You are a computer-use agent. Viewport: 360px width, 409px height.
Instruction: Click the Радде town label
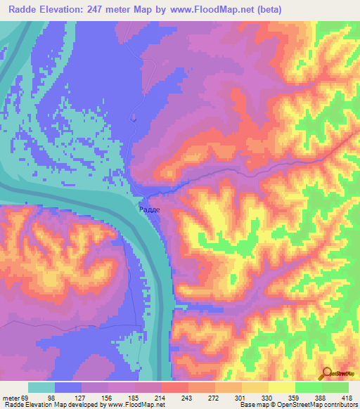pos(148,209)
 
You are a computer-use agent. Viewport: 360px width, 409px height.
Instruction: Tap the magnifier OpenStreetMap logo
pos(326,373)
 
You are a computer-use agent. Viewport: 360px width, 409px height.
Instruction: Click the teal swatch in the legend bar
pos(41,387)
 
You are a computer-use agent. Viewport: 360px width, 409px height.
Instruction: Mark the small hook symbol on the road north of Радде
pos(133,119)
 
